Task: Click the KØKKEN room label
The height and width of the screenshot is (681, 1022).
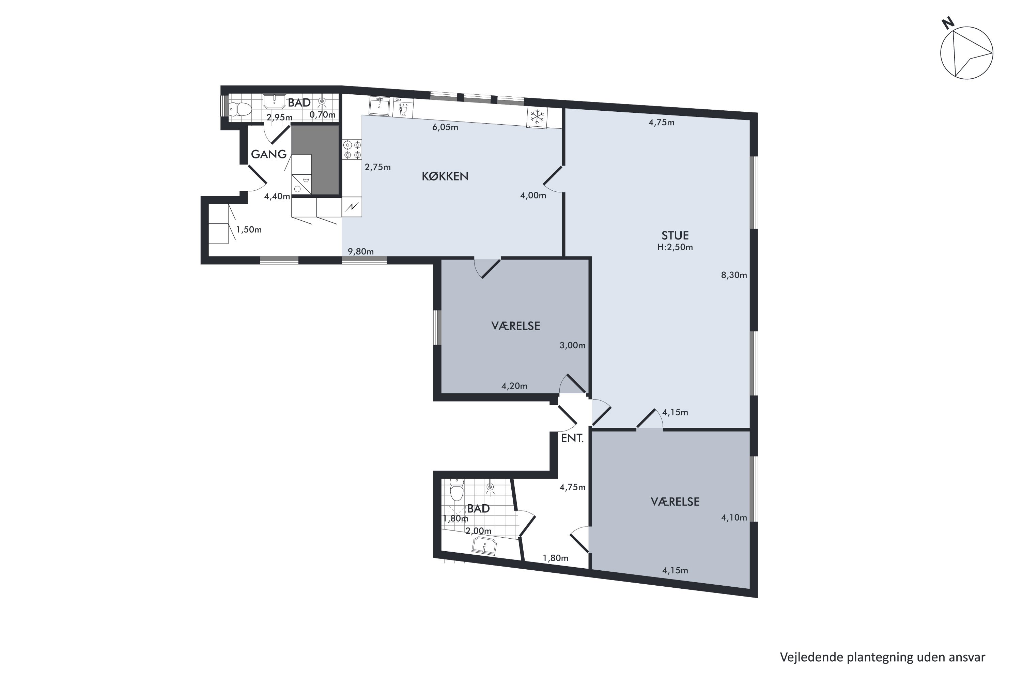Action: coord(445,176)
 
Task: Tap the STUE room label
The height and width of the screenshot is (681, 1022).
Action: coord(675,235)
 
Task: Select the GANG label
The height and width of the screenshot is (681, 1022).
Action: coord(268,154)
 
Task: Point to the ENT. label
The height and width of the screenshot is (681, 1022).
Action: coord(572,438)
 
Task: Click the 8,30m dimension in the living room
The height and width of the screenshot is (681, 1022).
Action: coord(734,275)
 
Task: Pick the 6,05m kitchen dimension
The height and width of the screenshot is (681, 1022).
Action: coord(445,127)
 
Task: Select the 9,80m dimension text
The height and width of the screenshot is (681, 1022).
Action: coord(361,252)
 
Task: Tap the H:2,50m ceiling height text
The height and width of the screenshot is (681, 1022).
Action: coord(675,248)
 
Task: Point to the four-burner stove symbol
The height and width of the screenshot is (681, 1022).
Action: coord(352,149)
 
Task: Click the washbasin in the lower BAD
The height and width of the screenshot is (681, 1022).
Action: coord(484,546)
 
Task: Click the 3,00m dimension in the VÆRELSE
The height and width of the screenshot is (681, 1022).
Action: coord(572,345)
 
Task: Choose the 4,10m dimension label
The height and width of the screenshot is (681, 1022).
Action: coord(734,517)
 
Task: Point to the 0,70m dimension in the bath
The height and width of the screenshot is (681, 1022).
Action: coord(322,115)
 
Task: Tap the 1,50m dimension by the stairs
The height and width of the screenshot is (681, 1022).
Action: coord(249,230)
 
